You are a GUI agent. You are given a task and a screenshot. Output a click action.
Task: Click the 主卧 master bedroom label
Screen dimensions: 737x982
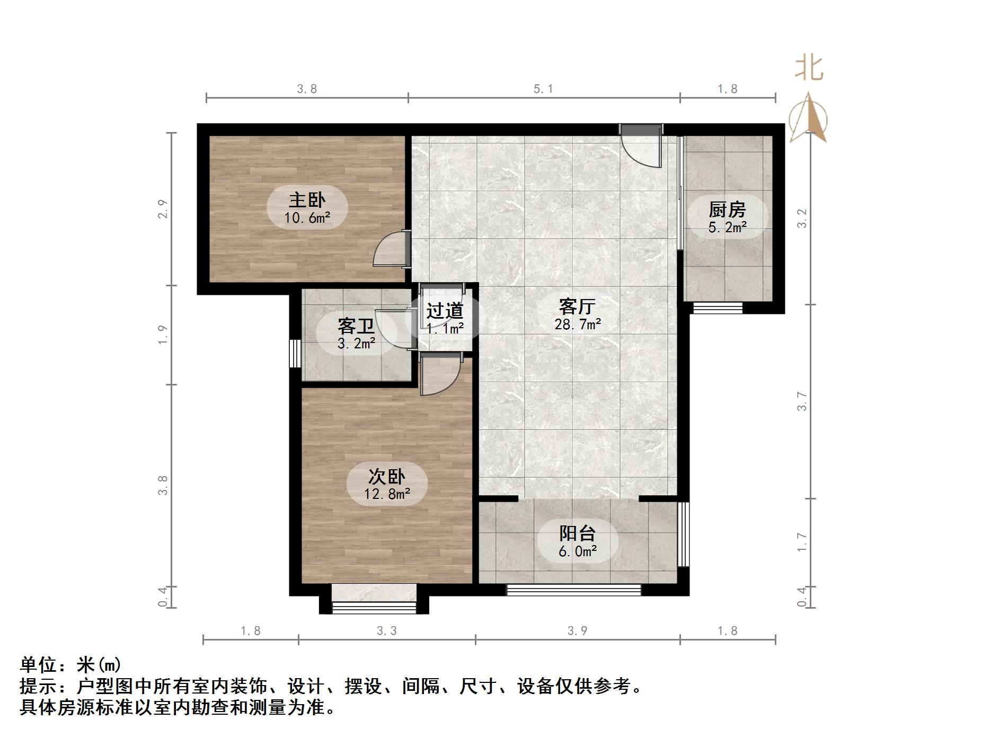[307, 200]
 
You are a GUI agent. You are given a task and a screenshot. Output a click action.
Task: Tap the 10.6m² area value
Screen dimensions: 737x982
[307, 217]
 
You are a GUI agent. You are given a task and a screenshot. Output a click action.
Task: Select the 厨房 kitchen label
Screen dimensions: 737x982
[727, 209]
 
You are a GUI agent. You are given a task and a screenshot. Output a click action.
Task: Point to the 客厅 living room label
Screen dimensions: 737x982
[577, 306]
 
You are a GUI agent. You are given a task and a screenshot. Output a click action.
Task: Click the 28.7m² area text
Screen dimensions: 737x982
[577, 324]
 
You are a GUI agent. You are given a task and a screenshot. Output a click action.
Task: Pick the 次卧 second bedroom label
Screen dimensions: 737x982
[387, 476]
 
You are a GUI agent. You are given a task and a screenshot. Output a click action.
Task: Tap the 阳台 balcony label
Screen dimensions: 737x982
[577, 533]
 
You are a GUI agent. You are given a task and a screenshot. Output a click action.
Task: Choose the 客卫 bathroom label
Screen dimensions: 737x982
[356, 326]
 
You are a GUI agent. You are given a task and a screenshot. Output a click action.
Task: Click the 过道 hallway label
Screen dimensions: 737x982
[445, 311]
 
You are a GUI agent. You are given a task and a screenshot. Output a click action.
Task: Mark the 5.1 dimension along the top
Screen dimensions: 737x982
[543, 89]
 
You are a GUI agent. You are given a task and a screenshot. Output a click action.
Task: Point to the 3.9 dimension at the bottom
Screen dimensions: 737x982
[577, 630]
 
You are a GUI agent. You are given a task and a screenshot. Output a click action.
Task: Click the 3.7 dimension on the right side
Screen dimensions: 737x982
[802, 401]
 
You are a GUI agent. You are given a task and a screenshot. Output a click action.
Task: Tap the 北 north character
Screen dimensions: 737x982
[809, 69]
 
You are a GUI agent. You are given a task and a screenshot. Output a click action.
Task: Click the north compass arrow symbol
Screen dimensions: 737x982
[809, 118]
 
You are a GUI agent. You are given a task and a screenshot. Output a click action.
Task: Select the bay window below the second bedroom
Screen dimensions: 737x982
[374, 599]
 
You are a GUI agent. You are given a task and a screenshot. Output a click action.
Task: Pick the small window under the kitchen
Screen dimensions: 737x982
[718, 308]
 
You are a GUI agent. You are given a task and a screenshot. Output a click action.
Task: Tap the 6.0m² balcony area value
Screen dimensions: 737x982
[577, 551]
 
